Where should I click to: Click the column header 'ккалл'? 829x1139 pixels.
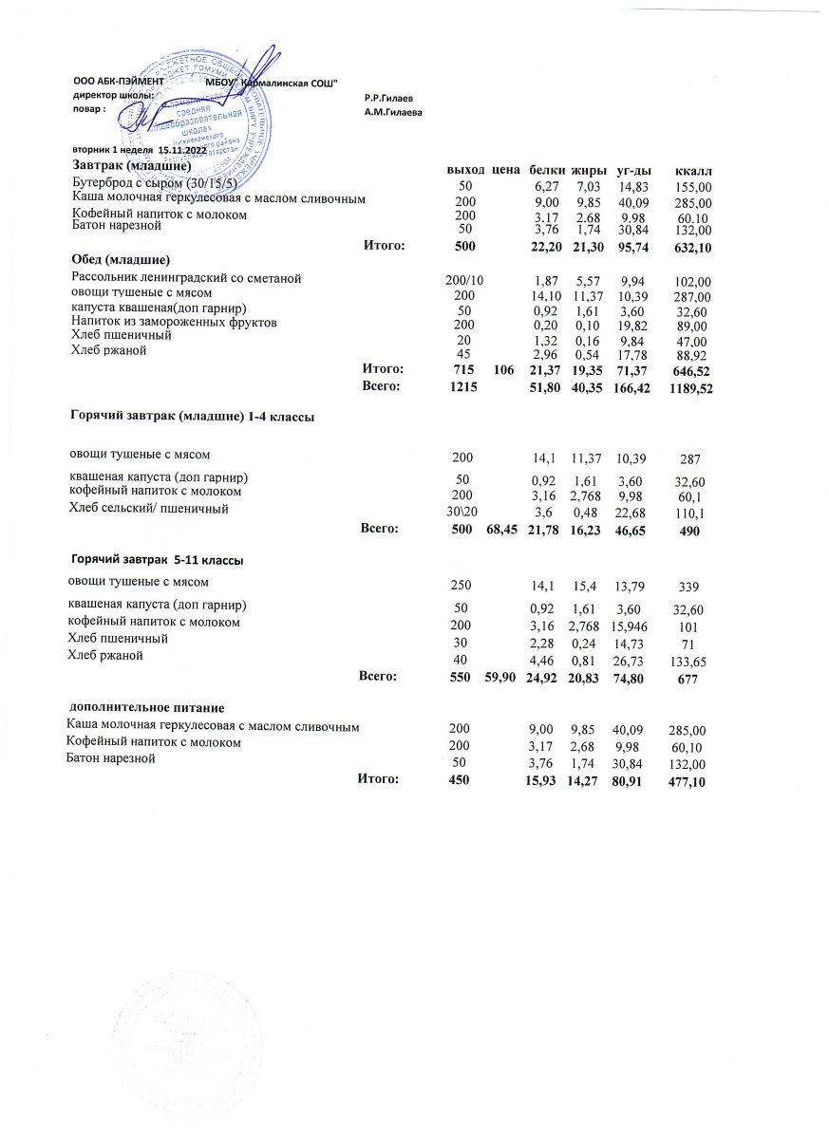click(x=692, y=170)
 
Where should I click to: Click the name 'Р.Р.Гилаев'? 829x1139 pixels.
click(x=388, y=98)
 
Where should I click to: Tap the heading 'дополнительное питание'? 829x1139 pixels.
click(x=145, y=708)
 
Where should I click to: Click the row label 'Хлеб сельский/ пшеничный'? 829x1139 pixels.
click(x=150, y=510)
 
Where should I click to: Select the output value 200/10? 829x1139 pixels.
click(x=464, y=280)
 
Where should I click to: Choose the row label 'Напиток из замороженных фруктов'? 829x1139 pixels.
click(x=175, y=323)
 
